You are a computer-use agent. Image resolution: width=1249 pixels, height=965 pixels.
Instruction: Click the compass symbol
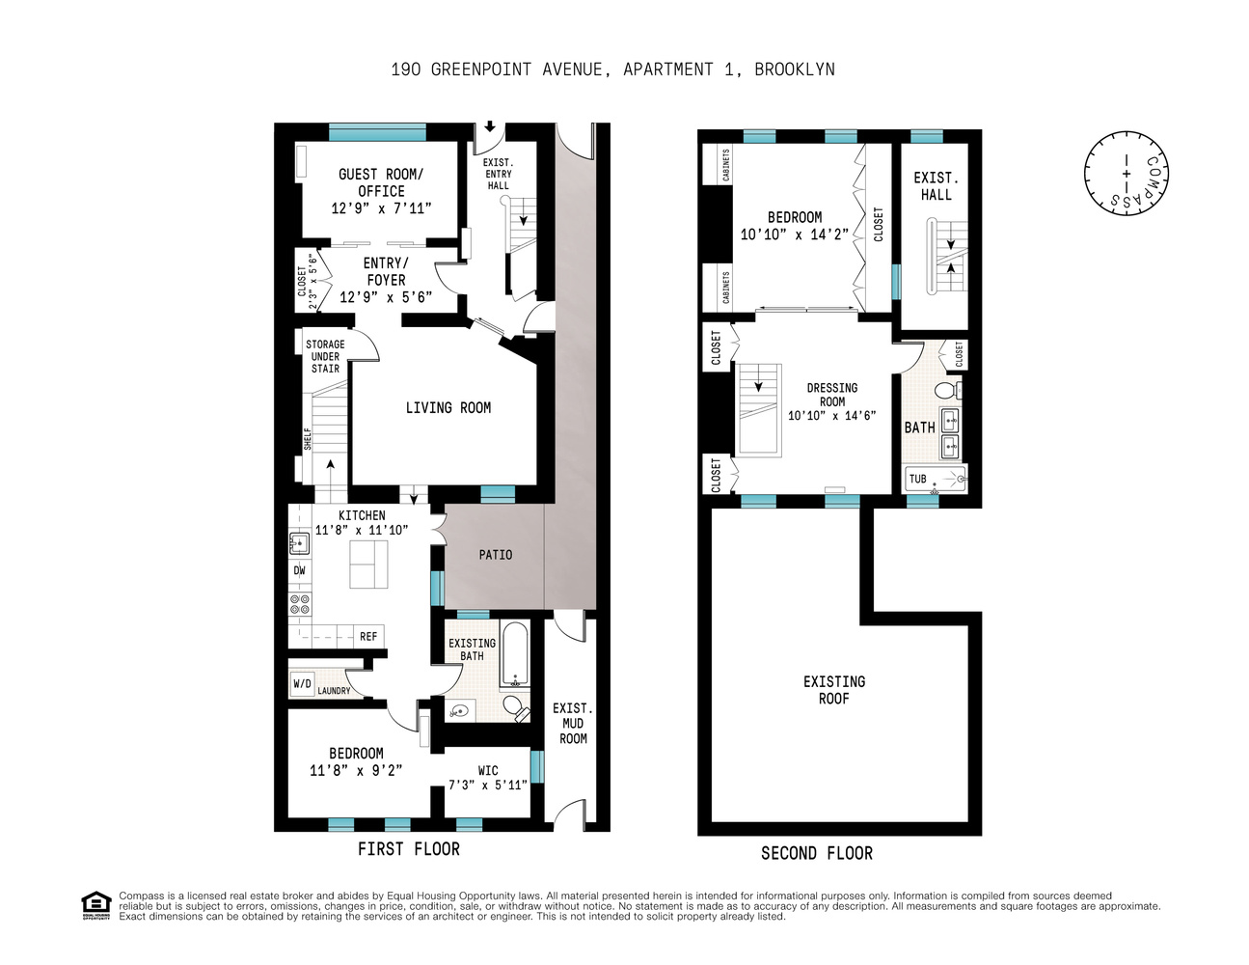(1126, 173)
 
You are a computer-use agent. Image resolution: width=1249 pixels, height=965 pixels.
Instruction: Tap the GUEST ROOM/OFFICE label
(381, 182)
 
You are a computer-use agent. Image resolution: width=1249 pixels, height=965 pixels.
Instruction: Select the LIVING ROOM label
(448, 408)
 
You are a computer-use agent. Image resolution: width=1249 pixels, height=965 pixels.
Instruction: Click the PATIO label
(496, 555)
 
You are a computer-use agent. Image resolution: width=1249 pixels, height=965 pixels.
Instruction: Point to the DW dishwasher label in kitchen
(299, 570)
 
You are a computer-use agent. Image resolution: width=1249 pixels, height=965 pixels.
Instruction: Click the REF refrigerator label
(368, 637)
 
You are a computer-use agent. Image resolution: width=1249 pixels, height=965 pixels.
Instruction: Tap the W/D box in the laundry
(302, 684)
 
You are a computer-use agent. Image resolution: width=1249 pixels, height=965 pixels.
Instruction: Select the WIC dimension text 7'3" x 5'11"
(488, 786)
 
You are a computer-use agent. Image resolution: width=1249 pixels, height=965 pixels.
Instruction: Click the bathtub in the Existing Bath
(514, 653)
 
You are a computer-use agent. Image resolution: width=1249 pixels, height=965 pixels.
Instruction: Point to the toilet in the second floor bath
(946, 390)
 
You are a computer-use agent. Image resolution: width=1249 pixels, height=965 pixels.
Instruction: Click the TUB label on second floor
(917, 479)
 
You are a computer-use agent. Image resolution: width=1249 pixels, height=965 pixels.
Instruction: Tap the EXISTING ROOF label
(834, 690)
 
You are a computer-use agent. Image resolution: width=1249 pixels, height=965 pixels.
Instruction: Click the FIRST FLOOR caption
(409, 849)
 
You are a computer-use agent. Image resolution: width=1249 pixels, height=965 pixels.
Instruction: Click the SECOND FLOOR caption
(817, 853)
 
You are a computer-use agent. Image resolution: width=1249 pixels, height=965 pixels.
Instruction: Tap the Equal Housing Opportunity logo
(96, 905)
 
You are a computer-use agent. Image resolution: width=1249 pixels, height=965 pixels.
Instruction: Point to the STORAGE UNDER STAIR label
(325, 356)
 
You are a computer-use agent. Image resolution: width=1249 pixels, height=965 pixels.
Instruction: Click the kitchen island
(368, 565)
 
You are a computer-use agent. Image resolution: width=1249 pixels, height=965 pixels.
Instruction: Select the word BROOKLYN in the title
(795, 69)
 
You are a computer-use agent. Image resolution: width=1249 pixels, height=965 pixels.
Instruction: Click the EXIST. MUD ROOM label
(573, 723)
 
